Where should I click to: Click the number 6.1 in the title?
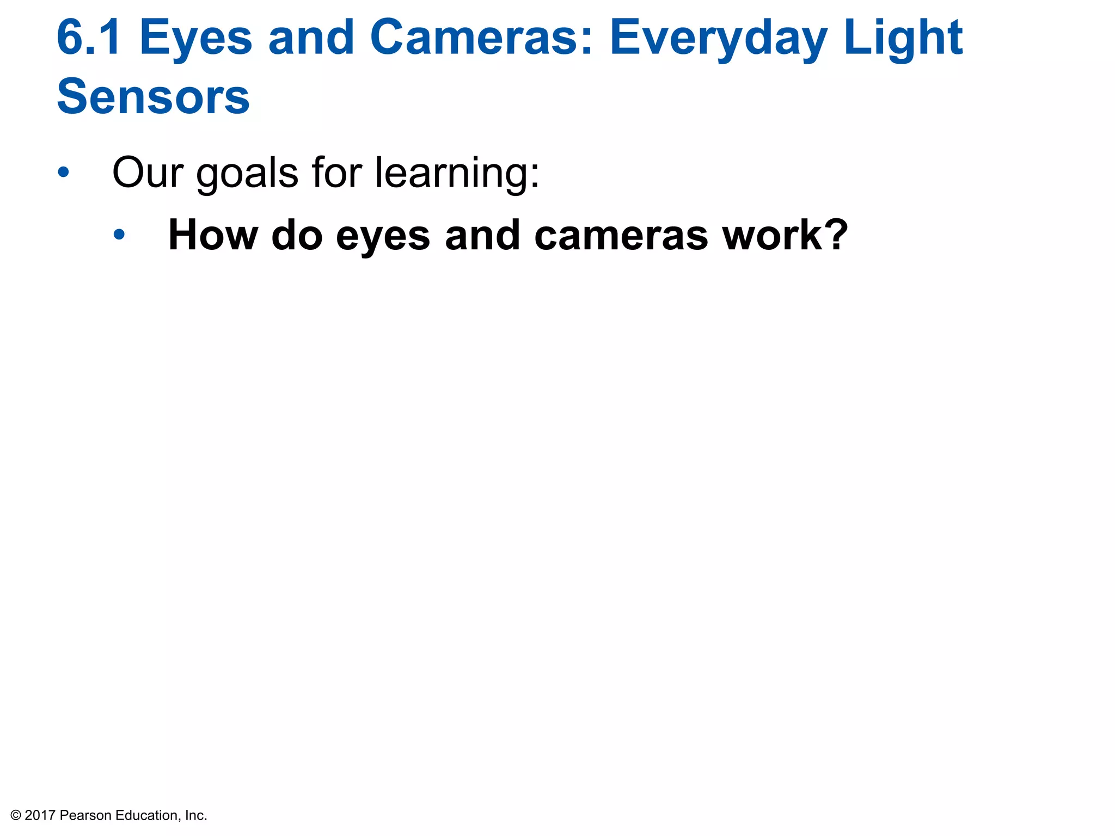89,38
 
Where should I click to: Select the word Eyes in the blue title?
196,38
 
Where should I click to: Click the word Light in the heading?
903,38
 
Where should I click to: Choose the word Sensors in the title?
153,97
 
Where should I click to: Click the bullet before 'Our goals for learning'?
64,173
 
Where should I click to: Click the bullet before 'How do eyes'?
119,235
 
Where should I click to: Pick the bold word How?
213,235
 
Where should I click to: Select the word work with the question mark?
785,235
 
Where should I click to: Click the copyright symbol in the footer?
16,815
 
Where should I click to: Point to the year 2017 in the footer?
40,815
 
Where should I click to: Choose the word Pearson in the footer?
85,815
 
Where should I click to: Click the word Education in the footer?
147,815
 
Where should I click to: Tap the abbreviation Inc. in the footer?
196,815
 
